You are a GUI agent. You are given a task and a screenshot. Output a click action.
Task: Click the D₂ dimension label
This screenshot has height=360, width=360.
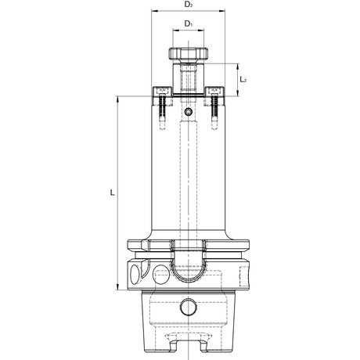tap(189, 5)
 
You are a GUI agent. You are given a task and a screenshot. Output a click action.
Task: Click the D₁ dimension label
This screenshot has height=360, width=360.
tap(189, 23)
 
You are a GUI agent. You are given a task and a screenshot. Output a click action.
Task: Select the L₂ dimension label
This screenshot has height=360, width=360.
tap(243, 79)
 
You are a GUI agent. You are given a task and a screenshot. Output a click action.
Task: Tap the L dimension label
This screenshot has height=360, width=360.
tap(112, 193)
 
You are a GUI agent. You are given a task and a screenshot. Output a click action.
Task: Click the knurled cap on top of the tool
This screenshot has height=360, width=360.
tap(189, 53)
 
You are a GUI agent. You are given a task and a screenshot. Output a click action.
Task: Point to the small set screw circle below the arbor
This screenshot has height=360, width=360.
tap(188, 112)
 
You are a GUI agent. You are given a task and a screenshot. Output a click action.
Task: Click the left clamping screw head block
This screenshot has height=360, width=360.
tap(162, 92)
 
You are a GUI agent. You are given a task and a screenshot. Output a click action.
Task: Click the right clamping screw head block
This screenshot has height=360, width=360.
tap(214, 92)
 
